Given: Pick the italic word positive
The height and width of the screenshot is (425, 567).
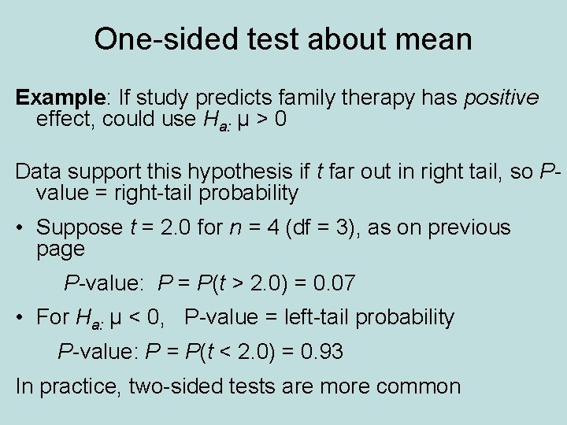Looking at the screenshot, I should pos(501,98).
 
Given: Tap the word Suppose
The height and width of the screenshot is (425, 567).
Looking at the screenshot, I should pos(79,228).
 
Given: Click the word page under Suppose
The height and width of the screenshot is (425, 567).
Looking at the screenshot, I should pos(60,249).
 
